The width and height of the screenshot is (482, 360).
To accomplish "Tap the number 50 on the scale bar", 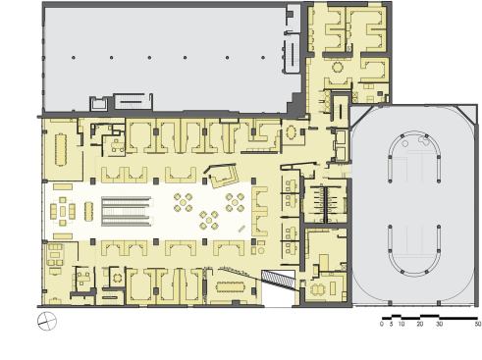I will tap(477, 324).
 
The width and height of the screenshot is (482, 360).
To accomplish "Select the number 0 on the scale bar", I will tap(381, 324).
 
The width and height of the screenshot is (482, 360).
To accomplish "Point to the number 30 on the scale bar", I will tap(439, 324).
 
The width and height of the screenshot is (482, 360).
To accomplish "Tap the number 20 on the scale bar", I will tap(419, 324).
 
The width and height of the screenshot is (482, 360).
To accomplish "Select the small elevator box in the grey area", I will tap(100, 102).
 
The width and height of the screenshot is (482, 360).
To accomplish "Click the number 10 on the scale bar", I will tap(402, 324).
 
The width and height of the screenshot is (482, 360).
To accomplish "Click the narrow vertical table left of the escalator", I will tap(89, 210).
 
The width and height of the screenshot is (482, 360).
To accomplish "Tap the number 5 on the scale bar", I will tap(391, 324).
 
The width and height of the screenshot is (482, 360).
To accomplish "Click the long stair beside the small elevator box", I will tap(133, 99).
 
